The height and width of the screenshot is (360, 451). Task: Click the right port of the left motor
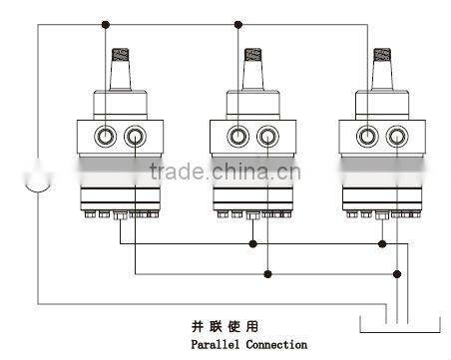point(136,136)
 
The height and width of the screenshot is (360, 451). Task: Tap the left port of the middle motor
point(238,136)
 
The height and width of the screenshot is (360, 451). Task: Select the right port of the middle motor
point(265,136)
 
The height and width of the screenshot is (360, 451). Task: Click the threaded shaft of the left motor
point(124,60)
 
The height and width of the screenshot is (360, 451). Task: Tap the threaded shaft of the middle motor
point(253,60)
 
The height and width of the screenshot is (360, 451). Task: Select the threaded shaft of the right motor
point(384,60)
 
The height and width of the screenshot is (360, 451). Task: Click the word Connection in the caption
point(273,344)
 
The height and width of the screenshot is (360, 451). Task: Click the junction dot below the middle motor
point(253,243)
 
